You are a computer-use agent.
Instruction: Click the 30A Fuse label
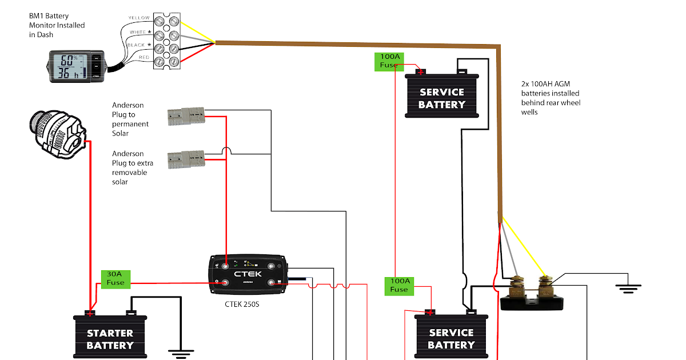coord(114,278)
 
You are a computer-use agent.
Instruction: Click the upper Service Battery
coord(441,97)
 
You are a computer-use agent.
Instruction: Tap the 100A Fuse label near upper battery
coord(389,61)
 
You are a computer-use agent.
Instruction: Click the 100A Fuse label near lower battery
coord(399,285)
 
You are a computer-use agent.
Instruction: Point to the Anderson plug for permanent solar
coord(186,117)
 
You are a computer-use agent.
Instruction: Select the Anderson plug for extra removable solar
coord(186,159)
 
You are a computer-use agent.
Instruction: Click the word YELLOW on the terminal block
coord(139,18)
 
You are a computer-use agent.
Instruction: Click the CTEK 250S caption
coord(242,304)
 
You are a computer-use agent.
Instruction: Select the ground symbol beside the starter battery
coord(181,353)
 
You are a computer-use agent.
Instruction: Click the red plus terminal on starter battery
coord(90,313)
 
